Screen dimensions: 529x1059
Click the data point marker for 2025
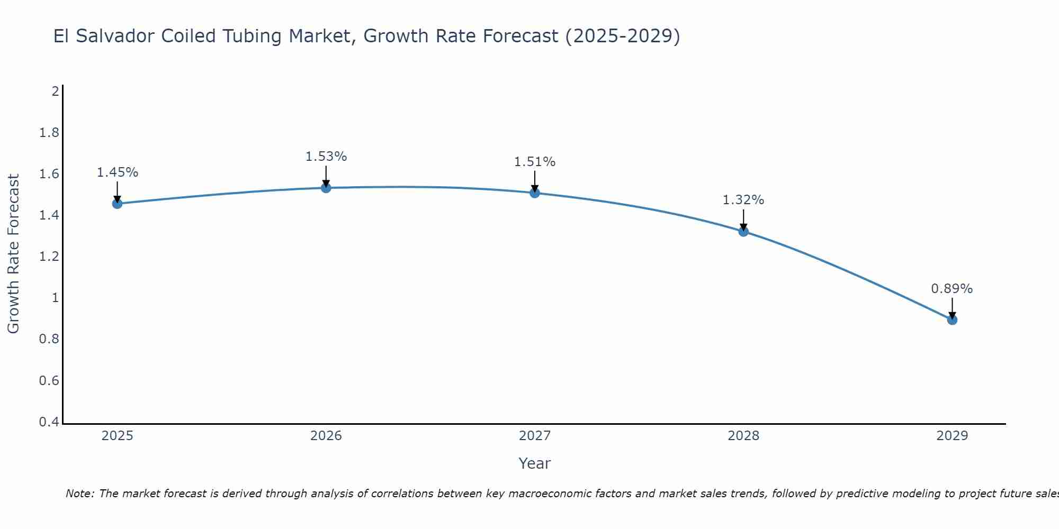[x=118, y=204]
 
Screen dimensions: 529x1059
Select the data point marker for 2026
[x=326, y=188]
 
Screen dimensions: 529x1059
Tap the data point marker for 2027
[x=535, y=193]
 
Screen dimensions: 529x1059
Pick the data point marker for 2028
[x=743, y=231]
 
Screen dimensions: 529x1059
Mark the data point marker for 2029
[x=952, y=320]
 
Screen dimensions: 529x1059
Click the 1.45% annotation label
[x=118, y=172]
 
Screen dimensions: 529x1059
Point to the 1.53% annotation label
[x=326, y=157]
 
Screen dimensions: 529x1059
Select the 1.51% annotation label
[x=535, y=162]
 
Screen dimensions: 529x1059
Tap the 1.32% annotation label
[x=743, y=200]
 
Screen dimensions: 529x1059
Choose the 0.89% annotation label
[x=952, y=289]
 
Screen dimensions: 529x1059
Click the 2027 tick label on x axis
[x=535, y=436]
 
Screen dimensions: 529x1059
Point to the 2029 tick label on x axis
[x=952, y=436]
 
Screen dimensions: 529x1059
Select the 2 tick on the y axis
[x=55, y=92]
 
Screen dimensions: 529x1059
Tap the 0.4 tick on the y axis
[x=49, y=422]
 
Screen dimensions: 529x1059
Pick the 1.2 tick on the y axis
[x=49, y=257]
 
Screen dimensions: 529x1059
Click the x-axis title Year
[x=535, y=463]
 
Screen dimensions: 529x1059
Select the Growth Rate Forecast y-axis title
[x=13, y=254]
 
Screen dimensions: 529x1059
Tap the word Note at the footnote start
[x=79, y=494]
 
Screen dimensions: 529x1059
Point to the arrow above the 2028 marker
[x=743, y=220]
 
